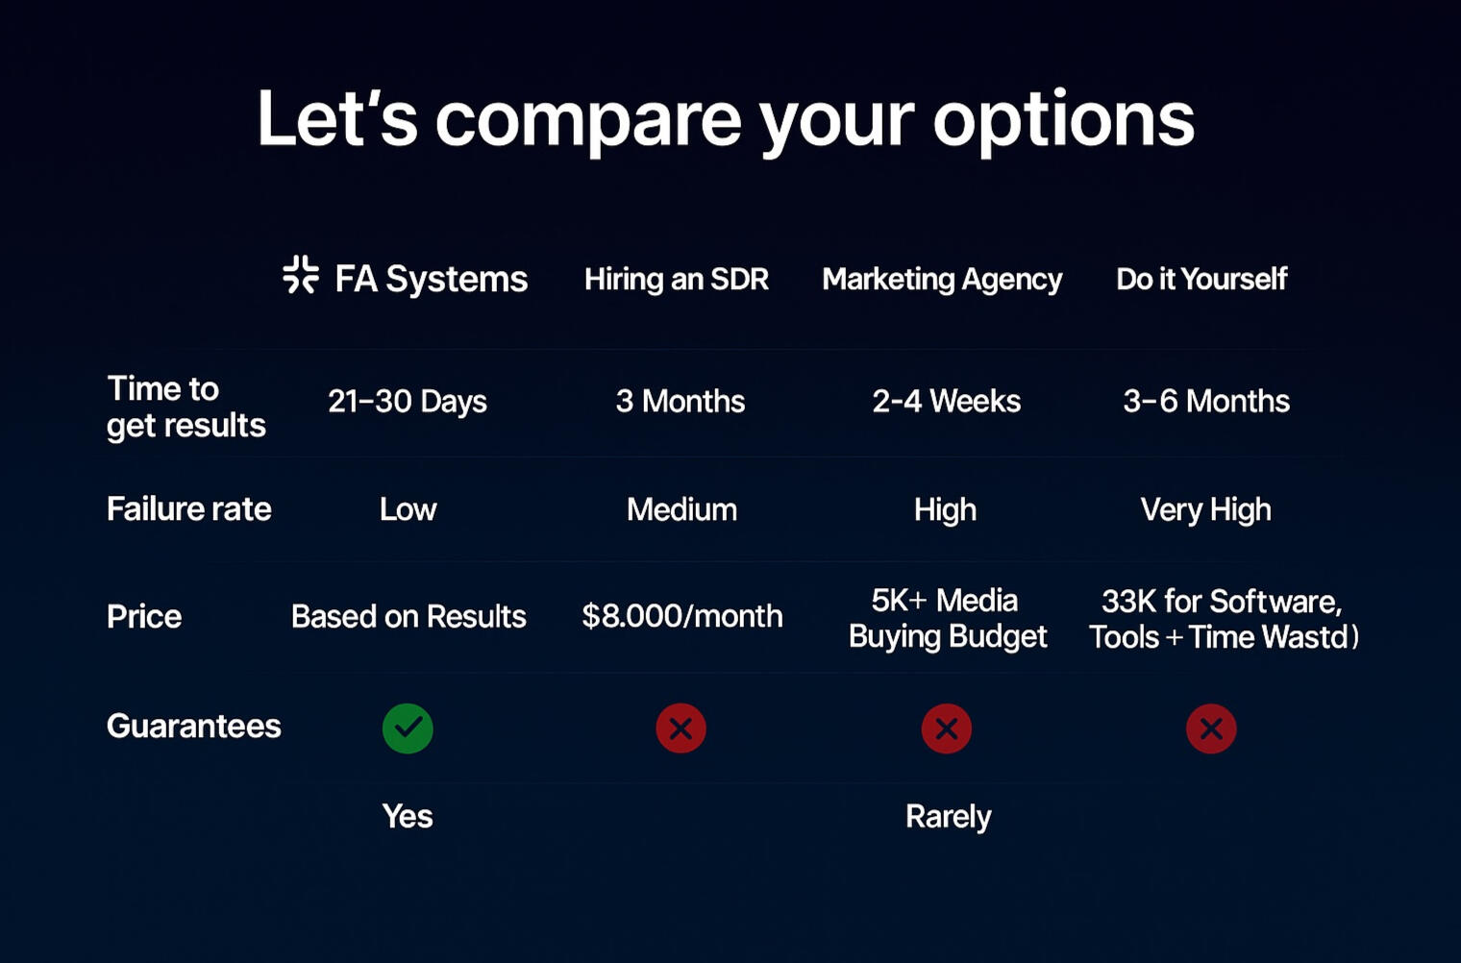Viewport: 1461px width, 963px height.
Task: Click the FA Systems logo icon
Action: coord(301,275)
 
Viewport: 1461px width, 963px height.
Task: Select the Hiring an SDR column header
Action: coord(677,279)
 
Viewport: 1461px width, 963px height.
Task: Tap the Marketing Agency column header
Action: coord(942,280)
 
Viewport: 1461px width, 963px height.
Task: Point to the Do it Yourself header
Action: coord(1201,279)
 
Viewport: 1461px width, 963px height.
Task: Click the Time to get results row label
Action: coord(186,407)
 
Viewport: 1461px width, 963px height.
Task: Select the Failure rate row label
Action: coord(189,508)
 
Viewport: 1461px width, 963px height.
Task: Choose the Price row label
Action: coord(144,616)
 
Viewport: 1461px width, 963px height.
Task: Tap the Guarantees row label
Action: coord(194,726)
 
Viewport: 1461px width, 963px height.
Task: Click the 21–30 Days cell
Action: coord(407,401)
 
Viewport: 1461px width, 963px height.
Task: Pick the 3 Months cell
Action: coord(681,401)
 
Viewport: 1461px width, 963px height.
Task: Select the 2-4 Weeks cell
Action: coord(947,401)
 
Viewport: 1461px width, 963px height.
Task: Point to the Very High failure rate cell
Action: coord(1206,509)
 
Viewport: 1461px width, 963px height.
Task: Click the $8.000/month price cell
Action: coord(682,615)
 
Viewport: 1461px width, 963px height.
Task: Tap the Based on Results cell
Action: coord(409,616)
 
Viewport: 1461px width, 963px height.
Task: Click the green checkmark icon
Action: coord(408,728)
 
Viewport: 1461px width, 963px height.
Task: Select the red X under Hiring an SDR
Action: coord(681,728)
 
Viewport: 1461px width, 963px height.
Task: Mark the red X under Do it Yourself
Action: coord(1211,728)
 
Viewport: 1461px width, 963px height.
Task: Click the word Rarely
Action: coord(949,817)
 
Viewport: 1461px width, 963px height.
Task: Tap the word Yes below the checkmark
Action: coord(408,816)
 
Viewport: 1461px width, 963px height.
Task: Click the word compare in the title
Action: coord(588,121)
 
